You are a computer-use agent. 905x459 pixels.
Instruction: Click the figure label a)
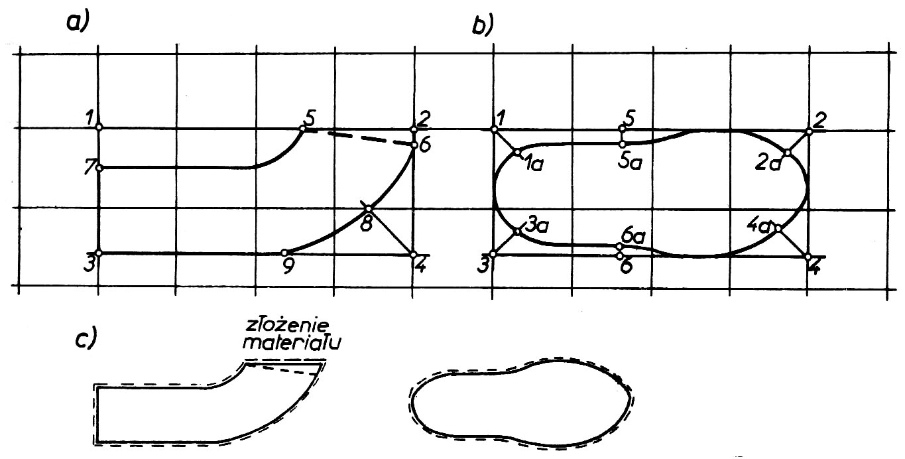77,21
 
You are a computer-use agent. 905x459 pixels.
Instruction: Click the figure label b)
483,25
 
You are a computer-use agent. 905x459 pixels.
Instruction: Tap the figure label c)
86,338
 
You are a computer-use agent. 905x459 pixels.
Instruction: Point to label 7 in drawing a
90,166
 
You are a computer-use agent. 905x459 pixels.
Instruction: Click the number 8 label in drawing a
366,224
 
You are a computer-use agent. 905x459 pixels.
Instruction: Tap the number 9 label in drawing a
288,267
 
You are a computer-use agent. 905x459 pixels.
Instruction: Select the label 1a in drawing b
534,164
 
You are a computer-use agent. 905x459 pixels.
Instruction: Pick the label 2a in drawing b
768,164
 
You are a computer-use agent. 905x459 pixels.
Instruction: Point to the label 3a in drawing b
536,226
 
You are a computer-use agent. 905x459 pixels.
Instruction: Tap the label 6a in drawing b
634,237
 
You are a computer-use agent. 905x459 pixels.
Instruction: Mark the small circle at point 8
368,209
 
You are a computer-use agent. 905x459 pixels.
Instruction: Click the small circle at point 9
284,252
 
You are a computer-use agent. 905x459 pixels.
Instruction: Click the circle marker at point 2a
787,153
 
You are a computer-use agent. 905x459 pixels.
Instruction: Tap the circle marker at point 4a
778,229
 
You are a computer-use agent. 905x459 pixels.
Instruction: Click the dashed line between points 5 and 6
369,137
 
